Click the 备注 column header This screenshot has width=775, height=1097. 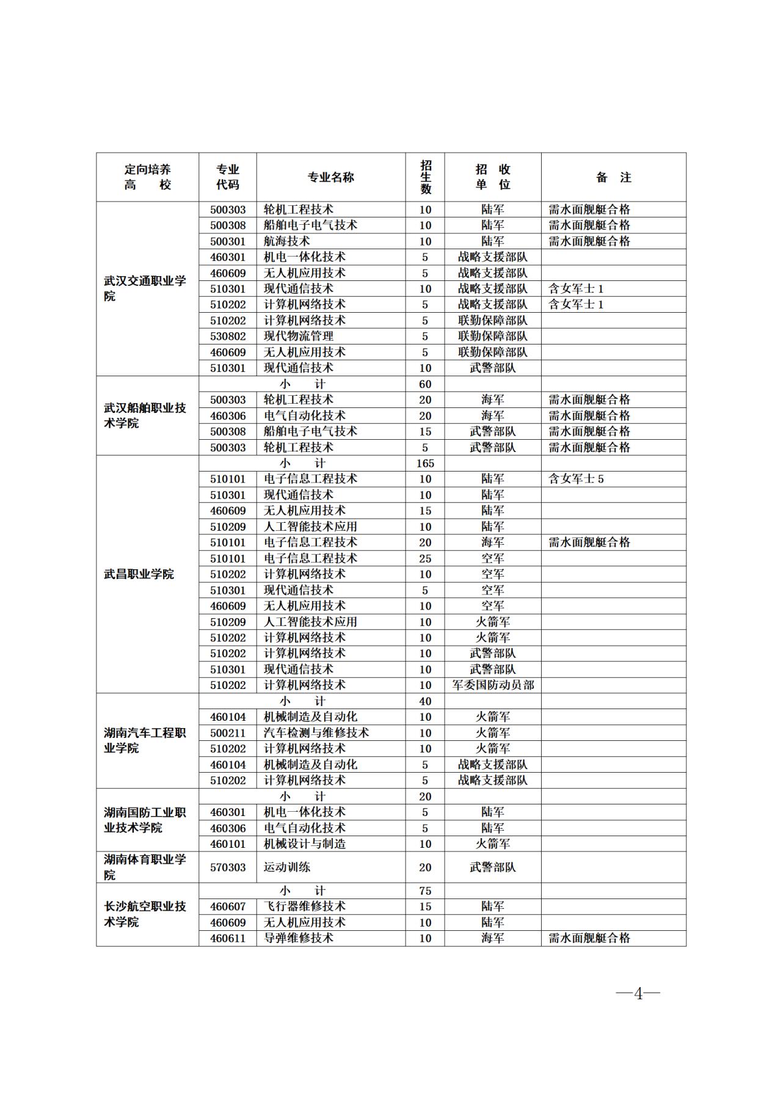pos(613,177)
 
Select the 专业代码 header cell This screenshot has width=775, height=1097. pos(228,177)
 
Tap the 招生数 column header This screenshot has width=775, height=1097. pos(425,177)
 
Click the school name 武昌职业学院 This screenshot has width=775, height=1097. pos(139,574)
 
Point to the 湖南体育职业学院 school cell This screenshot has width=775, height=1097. pos(145,867)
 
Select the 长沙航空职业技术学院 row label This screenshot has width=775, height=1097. pos(145,914)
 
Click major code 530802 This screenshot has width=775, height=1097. pos(228,336)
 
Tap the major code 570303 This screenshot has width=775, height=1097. pos(228,867)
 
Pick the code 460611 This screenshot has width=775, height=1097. pos(228,938)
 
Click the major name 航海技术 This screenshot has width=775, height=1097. pos(287,241)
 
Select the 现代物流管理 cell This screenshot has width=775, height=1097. pos(299,336)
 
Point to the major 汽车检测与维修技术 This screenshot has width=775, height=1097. pos(316,733)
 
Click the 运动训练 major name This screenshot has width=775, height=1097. pos(287,867)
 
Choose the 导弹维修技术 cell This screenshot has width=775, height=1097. pos(299,938)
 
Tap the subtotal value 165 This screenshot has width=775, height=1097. pos(425,463)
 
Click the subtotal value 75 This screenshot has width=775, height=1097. pos(425,891)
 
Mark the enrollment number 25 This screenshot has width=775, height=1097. pos(425,558)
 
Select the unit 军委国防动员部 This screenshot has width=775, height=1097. pos(493,685)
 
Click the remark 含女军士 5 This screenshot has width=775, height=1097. pos(576,479)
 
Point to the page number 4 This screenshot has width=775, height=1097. pos(638,994)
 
